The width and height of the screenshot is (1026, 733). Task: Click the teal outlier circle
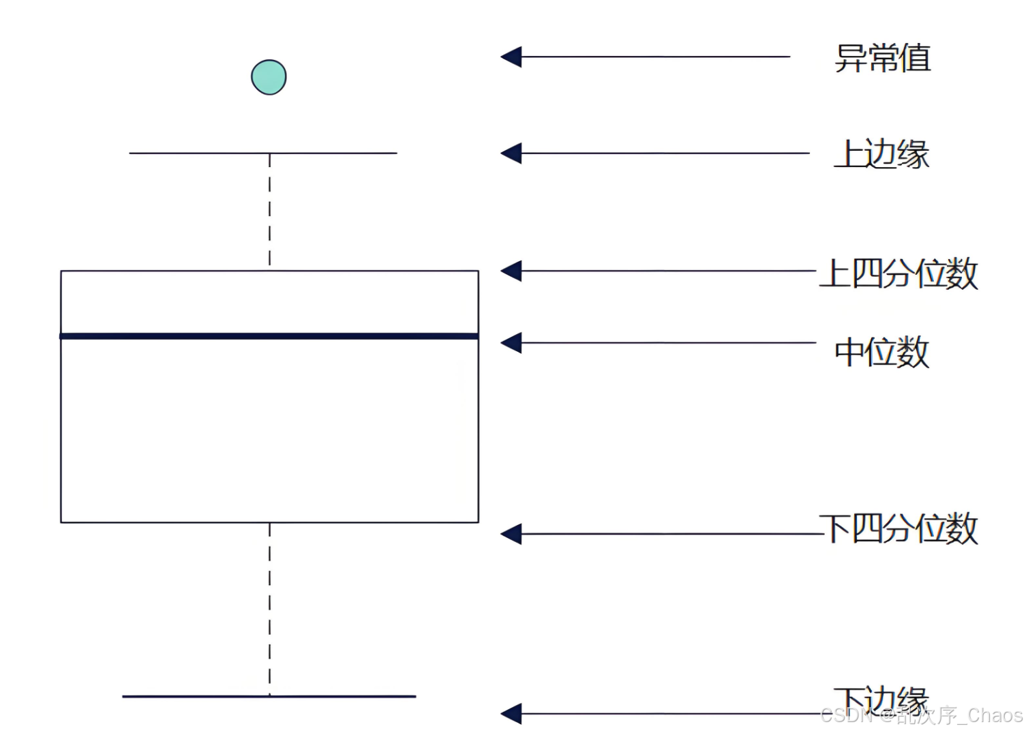(x=269, y=77)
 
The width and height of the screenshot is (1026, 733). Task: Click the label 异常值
(x=883, y=58)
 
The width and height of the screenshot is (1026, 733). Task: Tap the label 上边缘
(x=881, y=154)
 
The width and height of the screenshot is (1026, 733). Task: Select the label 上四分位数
(x=899, y=273)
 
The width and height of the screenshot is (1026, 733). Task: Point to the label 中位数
(x=881, y=353)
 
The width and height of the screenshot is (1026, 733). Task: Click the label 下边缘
(x=881, y=698)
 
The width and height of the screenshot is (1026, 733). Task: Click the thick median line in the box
(x=269, y=336)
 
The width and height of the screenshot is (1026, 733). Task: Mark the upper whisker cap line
(x=263, y=153)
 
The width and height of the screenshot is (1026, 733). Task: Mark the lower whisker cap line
(x=269, y=696)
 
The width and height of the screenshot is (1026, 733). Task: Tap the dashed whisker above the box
(x=270, y=211)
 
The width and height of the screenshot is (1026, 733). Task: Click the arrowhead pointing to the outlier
(x=512, y=57)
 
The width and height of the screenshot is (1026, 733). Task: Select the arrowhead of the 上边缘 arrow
(x=512, y=153)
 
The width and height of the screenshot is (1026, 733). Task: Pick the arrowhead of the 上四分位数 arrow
(x=512, y=271)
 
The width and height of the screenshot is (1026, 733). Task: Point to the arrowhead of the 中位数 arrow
(x=512, y=342)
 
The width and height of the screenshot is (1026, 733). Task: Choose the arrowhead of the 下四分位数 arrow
(x=512, y=534)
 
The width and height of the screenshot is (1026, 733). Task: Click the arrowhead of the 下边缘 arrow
(x=512, y=714)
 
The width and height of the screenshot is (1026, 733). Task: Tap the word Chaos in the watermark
(x=995, y=715)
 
